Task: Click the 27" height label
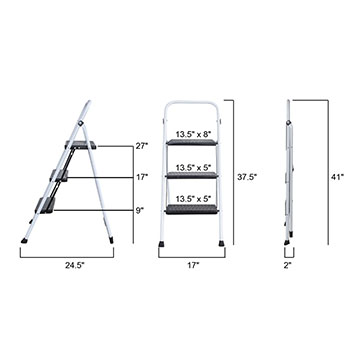[142, 146]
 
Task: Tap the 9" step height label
[140, 210]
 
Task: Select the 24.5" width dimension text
[75, 266]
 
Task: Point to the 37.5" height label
[247, 177]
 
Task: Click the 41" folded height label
[337, 177]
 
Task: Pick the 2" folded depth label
[288, 266]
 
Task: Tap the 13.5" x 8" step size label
[194, 135]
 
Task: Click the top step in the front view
[192, 142]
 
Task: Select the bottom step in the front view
[192, 209]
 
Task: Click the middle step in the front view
[192, 175]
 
